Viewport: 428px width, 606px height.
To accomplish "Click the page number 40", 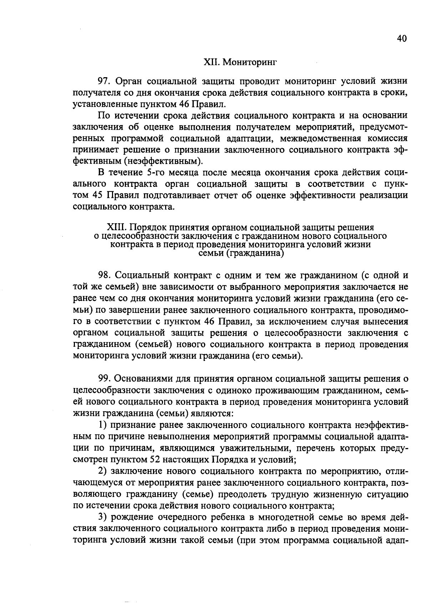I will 401,39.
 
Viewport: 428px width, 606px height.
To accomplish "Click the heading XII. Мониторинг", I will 240,62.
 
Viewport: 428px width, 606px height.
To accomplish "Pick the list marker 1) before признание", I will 103,425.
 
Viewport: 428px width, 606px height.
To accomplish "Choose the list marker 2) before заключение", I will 103,471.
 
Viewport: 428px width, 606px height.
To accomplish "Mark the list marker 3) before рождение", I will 103,517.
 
